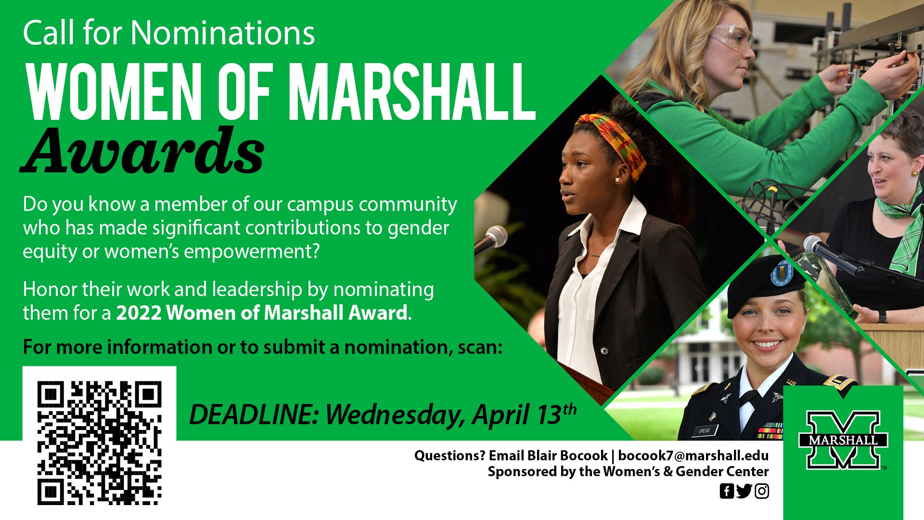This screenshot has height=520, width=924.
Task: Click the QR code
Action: (x=99, y=443)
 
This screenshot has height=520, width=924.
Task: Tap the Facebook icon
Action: (x=727, y=491)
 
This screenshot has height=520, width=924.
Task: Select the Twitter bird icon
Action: (x=744, y=491)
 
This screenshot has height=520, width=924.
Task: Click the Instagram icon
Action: (x=762, y=491)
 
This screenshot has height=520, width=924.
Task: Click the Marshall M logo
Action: (x=843, y=440)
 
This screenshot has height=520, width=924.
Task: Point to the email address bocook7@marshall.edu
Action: (x=693, y=455)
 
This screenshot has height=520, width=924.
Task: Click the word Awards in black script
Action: (x=143, y=151)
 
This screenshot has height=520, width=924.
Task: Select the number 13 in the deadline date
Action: (x=549, y=415)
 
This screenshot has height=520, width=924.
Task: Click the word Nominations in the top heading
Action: (x=223, y=33)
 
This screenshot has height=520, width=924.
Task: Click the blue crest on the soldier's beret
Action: (x=782, y=273)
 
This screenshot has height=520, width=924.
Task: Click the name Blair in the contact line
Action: (x=543, y=455)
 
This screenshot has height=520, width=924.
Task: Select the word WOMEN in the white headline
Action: (x=114, y=91)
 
